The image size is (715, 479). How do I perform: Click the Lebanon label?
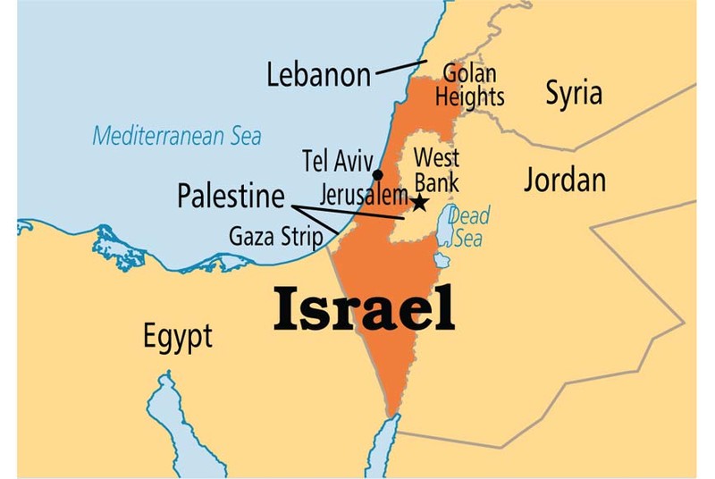(x=318, y=75)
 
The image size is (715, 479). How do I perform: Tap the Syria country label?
(x=574, y=93)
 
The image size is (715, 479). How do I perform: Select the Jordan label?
(x=564, y=180)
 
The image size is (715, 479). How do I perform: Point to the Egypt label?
(x=178, y=337)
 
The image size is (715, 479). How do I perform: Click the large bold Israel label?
(x=364, y=309)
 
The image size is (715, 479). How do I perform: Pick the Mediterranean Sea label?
(x=177, y=137)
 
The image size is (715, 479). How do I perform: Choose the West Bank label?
(x=436, y=171)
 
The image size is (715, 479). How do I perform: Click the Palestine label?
(x=231, y=196)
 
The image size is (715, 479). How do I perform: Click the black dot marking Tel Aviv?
(x=378, y=174)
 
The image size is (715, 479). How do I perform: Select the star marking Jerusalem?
(x=418, y=203)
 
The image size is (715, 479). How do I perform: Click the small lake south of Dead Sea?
(x=441, y=260)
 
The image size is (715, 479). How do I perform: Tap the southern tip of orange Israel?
(x=390, y=412)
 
